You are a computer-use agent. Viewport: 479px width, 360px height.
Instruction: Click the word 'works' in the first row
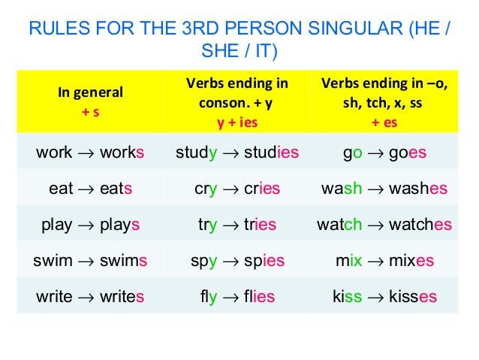122,152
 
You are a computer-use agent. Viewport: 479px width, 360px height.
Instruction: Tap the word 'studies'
271,152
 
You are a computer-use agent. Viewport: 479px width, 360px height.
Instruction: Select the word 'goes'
408,153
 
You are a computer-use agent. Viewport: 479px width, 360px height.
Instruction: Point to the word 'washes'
418,188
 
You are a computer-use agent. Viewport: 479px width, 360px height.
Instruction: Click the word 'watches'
420,224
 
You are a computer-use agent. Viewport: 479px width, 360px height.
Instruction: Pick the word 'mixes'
411,260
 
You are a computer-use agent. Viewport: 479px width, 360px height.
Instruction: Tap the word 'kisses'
413,296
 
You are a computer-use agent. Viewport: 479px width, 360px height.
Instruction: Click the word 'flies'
259,296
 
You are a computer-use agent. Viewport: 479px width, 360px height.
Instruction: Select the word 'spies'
264,262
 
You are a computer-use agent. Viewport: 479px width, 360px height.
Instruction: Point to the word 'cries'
262,188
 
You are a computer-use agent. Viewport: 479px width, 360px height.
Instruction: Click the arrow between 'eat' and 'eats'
86,189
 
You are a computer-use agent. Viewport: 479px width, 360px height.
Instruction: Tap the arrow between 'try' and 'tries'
230,225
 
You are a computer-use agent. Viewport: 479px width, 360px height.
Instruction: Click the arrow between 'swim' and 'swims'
86,262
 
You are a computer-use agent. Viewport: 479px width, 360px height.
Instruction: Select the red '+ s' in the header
90,112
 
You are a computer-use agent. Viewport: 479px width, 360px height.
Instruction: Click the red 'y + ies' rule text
237,123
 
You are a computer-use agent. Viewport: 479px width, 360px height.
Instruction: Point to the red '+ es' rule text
384,123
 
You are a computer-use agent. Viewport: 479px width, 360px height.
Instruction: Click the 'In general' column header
90,92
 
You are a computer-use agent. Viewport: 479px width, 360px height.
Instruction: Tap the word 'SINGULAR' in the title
356,28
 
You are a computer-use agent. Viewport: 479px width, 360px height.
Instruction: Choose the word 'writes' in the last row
122,296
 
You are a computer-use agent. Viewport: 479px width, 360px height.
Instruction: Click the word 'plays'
120,225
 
